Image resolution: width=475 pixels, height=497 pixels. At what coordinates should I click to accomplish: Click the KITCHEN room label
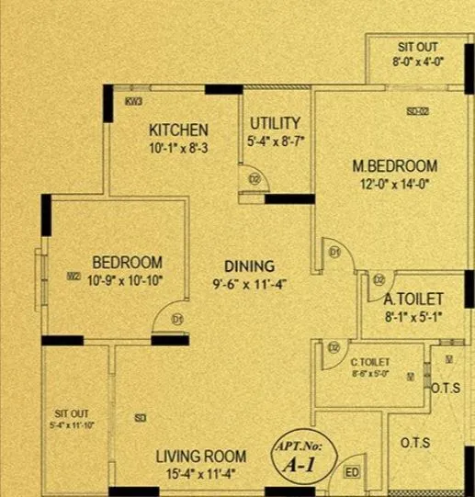[x=179, y=130]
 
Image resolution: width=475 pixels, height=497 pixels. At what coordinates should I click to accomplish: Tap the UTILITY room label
[x=275, y=122]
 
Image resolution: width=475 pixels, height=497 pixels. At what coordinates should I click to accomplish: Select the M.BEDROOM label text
[x=395, y=166]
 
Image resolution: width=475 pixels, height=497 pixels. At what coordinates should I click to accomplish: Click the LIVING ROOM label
[x=200, y=457]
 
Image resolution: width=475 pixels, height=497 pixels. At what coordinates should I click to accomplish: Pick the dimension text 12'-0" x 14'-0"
[x=395, y=183]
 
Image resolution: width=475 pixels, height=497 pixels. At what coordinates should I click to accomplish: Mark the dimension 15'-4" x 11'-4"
[x=200, y=474]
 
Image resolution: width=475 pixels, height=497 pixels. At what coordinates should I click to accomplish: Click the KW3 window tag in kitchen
[x=133, y=101]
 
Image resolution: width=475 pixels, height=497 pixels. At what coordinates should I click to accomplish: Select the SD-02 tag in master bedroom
[x=418, y=111]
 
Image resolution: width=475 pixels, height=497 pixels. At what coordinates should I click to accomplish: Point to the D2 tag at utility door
[x=254, y=178]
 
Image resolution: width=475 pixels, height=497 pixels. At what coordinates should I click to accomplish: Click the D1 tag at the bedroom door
[x=178, y=319]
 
